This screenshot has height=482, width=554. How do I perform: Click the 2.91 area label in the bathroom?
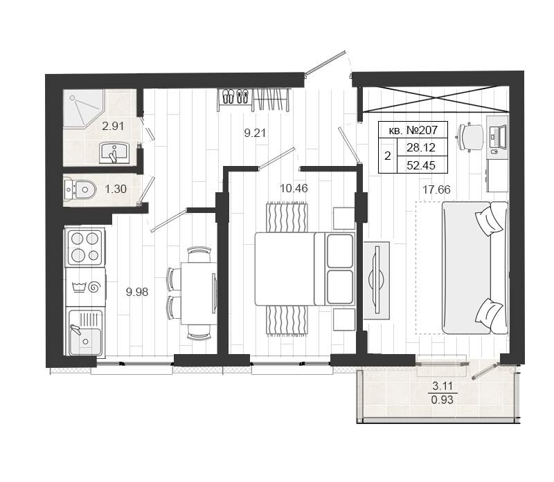(x=113, y=126)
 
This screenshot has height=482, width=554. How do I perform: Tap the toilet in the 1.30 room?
(x=80, y=189)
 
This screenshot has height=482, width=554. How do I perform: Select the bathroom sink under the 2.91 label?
(x=114, y=153)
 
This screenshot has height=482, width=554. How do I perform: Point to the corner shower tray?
(x=84, y=107)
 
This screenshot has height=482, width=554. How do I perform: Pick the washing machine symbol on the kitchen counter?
(x=86, y=287)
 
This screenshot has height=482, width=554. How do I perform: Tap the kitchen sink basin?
(x=85, y=332)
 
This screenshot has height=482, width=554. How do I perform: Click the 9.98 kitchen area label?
(x=137, y=292)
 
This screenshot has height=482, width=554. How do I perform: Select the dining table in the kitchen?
(x=199, y=293)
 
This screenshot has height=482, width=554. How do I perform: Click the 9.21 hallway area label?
(x=255, y=133)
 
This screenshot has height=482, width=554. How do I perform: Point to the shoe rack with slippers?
(x=235, y=96)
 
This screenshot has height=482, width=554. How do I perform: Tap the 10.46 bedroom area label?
(x=294, y=188)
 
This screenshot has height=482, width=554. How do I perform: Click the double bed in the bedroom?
(x=305, y=269)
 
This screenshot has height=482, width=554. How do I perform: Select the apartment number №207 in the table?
(x=422, y=130)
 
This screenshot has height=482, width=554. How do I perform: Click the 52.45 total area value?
(x=421, y=165)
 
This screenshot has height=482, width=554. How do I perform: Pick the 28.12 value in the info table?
(x=421, y=147)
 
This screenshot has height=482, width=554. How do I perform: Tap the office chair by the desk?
(x=470, y=137)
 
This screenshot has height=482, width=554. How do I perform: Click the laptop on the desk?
(x=498, y=137)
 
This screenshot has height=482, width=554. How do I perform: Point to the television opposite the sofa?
(x=377, y=280)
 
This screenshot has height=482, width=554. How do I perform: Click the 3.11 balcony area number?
(x=443, y=386)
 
